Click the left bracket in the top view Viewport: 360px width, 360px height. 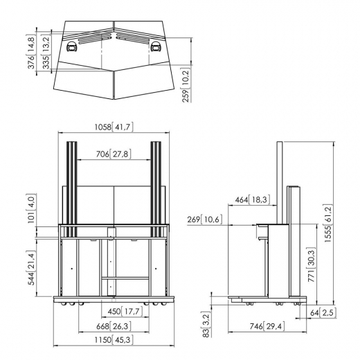click(71, 48)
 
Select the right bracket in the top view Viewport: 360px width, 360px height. click(156, 48)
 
